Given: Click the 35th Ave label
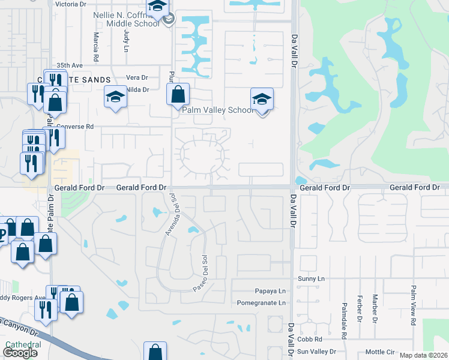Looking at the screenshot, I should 68,65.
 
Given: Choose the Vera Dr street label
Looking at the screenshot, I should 137,77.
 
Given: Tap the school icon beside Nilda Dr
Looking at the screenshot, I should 115,97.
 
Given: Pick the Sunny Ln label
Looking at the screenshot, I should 312,279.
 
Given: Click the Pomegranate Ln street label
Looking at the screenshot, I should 262,303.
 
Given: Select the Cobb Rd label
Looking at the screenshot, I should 310,339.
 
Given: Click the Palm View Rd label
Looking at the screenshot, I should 414,307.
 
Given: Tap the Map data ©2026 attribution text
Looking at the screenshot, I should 424,355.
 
